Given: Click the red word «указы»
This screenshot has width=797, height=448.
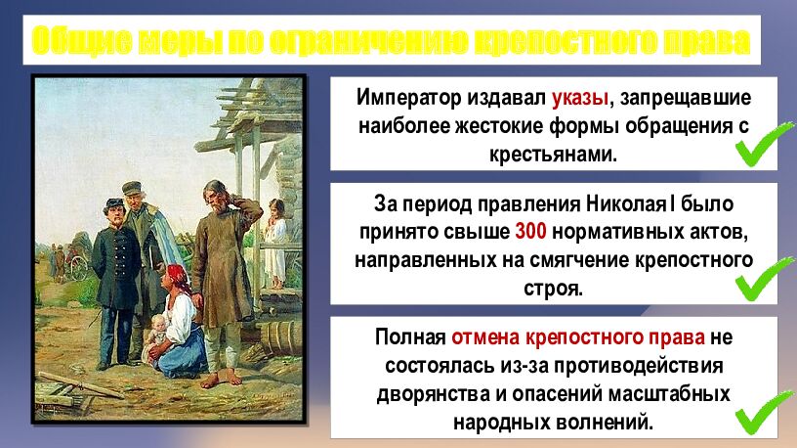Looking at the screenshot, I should (x=579, y=99).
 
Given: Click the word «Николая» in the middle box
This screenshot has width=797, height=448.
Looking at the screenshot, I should (x=626, y=205).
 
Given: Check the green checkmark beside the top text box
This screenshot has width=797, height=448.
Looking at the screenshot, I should (x=763, y=146).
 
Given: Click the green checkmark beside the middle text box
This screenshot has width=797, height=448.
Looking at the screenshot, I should (x=763, y=280).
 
